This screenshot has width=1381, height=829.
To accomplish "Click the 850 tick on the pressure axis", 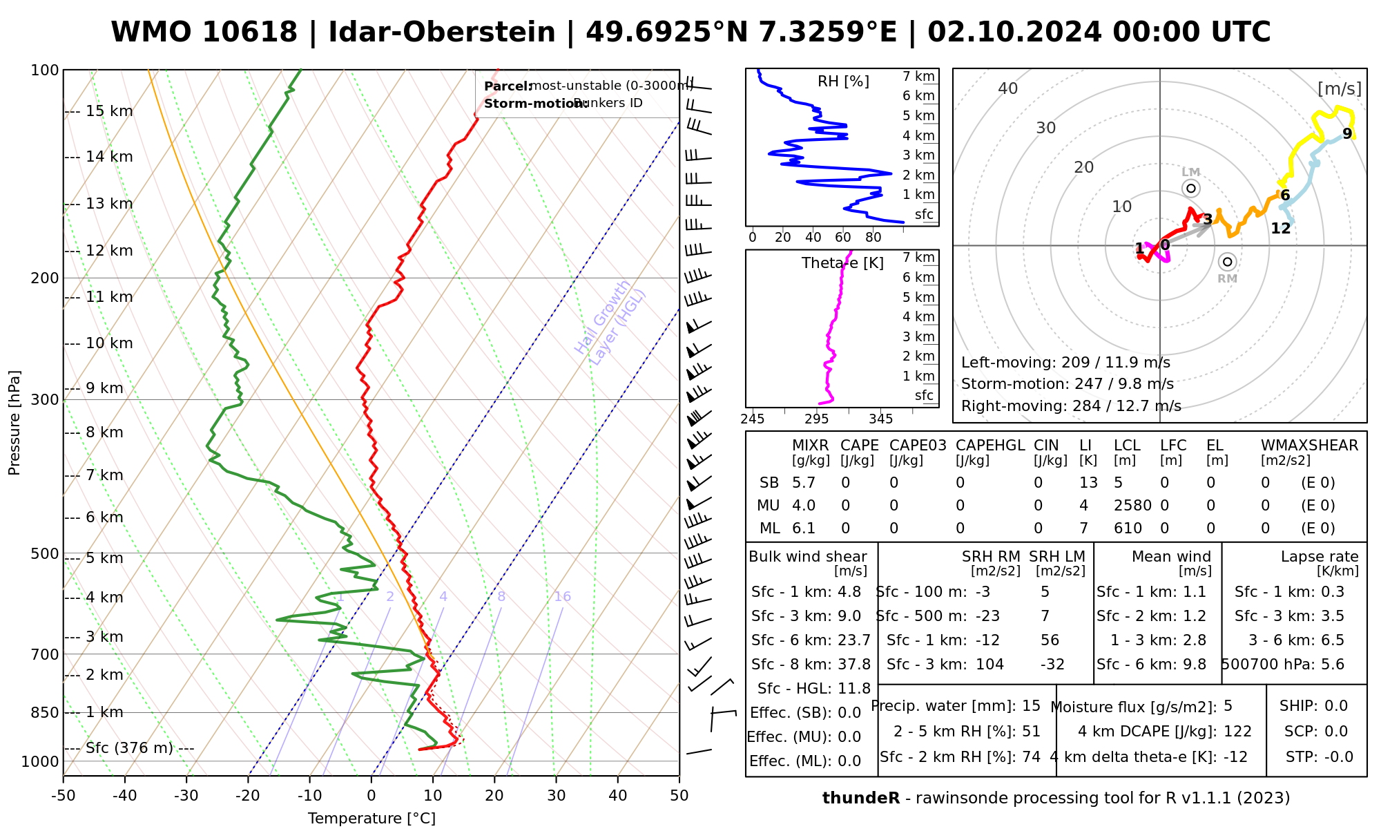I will [x=45, y=712].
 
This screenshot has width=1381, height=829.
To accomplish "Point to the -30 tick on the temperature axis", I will [x=186, y=796].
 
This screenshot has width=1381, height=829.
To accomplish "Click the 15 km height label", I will [x=109, y=111].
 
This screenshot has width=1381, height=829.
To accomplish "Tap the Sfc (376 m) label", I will [x=139, y=748].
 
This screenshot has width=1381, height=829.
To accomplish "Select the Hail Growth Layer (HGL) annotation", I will [x=610, y=322].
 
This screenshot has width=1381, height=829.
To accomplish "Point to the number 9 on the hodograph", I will [x=1346, y=134].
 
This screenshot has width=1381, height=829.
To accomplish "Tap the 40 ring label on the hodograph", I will [x=1008, y=88].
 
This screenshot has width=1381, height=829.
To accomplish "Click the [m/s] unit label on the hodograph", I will [x=1340, y=88].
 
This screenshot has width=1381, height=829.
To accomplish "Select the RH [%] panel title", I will [x=843, y=82].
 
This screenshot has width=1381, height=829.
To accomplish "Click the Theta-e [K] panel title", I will [x=842, y=263].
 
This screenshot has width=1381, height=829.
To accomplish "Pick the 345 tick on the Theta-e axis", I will [x=880, y=419].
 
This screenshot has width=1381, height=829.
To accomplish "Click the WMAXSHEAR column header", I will [x=1309, y=446].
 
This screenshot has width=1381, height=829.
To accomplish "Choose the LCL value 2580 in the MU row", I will [x=1132, y=506].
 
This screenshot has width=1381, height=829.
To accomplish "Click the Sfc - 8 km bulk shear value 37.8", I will [x=854, y=665].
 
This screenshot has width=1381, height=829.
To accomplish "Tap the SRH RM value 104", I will [x=989, y=665].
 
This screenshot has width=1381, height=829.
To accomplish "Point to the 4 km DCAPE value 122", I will [x=1237, y=732].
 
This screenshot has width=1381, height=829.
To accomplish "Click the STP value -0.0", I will [x=1338, y=757].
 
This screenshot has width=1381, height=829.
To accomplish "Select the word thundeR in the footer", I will [x=860, y=799].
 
